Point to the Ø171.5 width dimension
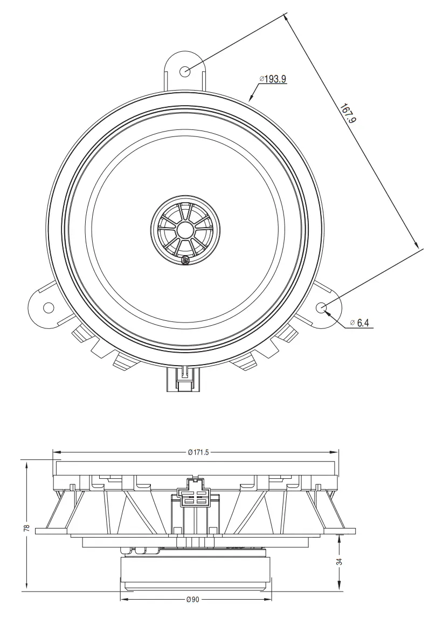(x=198, y=452)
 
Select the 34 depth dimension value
(x=339, y=561)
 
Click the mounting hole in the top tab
(x=185, y=70)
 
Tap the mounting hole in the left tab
(x=49, y=308)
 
